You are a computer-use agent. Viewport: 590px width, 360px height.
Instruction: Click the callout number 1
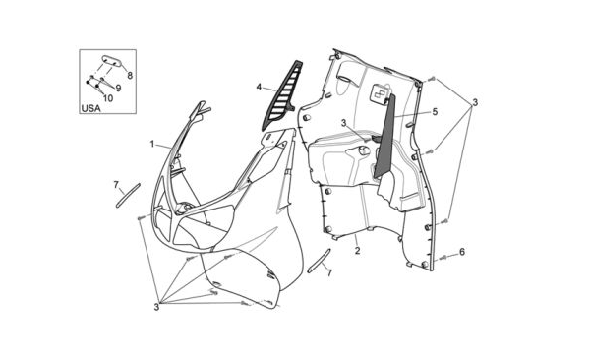coord(152,144)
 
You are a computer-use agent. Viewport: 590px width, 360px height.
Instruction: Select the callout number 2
coord(358,250)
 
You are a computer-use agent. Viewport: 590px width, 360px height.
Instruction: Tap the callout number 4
coord(259,87)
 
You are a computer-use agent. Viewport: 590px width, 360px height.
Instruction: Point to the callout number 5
coord(435,112)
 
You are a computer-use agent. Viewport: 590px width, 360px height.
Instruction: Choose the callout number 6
coord(462,252)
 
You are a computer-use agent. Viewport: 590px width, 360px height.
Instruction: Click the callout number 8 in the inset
coord(130,76)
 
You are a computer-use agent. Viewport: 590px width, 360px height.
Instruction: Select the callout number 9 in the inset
coord(118,89)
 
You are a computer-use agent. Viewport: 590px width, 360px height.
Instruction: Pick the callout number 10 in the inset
coord(108,98)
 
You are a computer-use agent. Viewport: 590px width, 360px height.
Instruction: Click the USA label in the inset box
coord(91,108)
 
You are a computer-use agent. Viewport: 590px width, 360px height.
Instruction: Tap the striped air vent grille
coord(282,96)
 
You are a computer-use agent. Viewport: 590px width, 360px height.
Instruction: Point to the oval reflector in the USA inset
coord(112,61)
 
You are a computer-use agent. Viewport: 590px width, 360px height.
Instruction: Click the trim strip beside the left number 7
coord(128,195)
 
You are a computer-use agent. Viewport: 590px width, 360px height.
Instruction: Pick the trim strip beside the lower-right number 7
coord(319,261)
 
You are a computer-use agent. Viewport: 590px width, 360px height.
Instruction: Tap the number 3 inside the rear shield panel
coord(343,123)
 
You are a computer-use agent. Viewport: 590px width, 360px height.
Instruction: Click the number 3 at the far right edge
coord(475,102)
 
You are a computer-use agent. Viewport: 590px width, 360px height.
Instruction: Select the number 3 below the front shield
coord(156,307)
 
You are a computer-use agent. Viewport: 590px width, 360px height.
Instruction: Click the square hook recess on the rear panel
coord(379,91)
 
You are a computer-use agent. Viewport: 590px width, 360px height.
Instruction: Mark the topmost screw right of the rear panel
coord(432,79)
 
